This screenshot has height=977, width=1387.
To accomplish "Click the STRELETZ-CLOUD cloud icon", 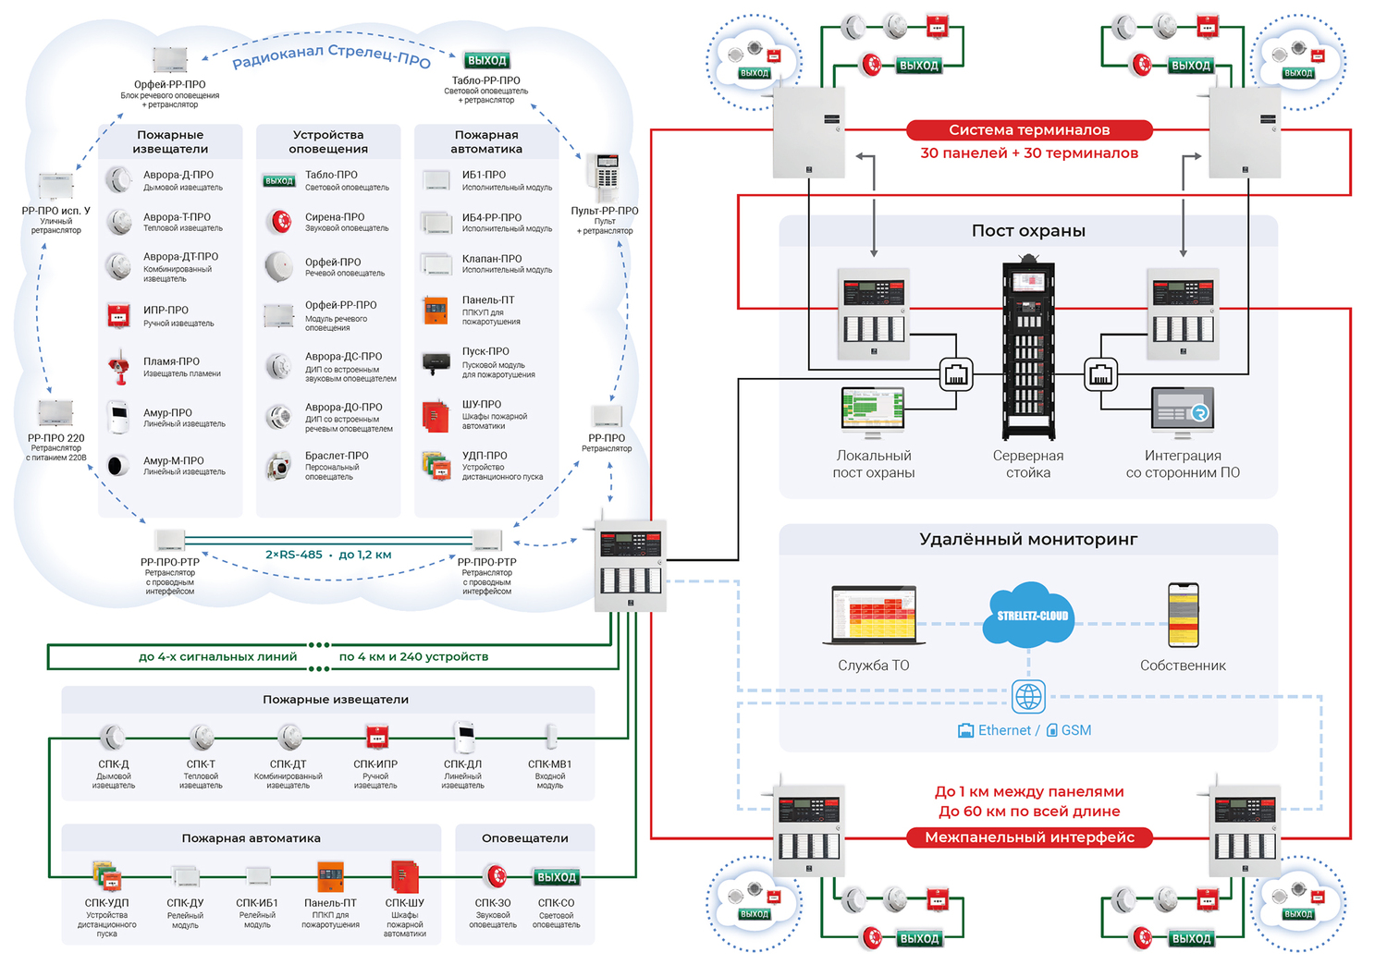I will click(1031, 614).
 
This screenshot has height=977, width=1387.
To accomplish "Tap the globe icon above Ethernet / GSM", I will click(1028, 696).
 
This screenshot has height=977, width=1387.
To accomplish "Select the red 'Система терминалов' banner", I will click(1028, 130).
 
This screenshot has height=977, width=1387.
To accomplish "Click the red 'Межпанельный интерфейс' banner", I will click(1028, 837).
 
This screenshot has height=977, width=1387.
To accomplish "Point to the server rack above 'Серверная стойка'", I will click(1028, 351).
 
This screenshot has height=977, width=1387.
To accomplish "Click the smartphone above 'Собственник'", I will click(1183, 615).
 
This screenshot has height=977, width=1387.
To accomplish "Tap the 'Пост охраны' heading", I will click(1028, 231).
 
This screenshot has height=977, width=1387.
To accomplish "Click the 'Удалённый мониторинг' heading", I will click(1028, 540).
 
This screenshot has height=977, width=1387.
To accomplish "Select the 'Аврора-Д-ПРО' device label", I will click(178, 175).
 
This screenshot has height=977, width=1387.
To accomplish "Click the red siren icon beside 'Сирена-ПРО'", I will click(278, 221).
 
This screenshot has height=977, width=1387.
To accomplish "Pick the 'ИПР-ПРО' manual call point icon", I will click(118, 315).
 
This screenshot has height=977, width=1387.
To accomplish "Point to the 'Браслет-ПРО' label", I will click(337, 456).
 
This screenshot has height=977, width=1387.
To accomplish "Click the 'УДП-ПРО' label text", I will click(485, 456).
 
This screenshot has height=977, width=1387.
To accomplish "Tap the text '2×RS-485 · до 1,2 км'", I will click(328, 555).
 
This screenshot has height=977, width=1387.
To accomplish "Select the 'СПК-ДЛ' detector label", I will click(462, 764).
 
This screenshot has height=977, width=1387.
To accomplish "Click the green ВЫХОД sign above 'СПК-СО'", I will click(557, 876).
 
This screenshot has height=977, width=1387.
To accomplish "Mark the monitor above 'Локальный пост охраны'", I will click(873, 410).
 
